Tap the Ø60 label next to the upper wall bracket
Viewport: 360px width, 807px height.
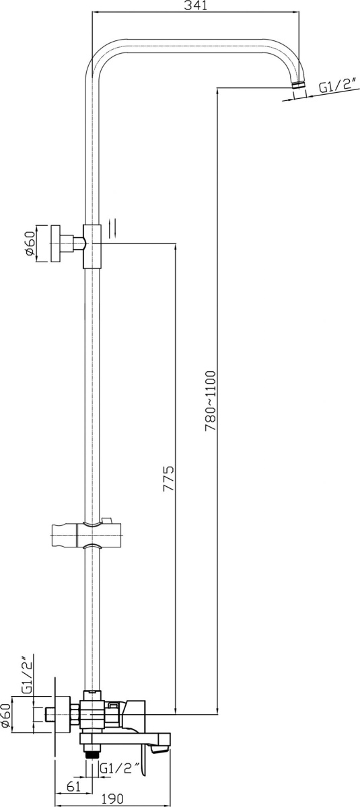pyautogui.click(x=30, y=243)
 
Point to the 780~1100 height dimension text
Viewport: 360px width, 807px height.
pyautogui.click(x=210, y=400)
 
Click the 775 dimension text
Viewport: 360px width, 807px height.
pyautogui.click(x=168, y=478)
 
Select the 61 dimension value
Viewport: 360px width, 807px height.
pyautogui.click(x=73, y=785)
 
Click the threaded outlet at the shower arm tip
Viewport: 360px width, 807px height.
pyautogui.click(x=298, y=85)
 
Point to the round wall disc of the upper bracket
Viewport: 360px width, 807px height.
pyautogui.click(x=55, y=243)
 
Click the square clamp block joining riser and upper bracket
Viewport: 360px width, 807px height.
pyautogui.click(x=93, y=246)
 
